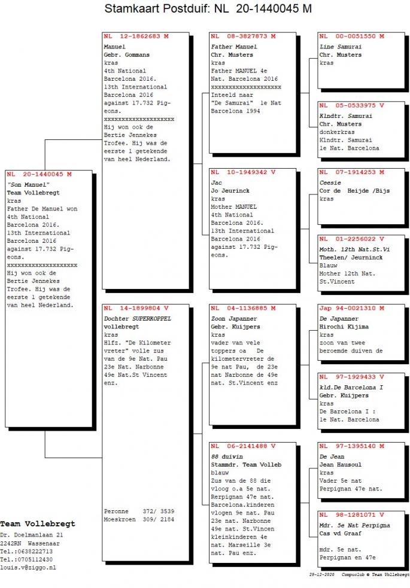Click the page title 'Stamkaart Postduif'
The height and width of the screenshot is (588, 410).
point(157,8)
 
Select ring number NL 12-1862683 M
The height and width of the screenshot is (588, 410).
point(136,36)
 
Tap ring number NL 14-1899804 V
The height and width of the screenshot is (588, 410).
point(136,308)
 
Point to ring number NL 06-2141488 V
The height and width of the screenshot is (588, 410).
point(243,446)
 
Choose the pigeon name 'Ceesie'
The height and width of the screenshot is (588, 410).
point(330,183)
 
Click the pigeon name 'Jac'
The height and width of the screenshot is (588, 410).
point(217,183)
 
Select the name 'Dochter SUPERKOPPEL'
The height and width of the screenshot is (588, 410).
point(137,319)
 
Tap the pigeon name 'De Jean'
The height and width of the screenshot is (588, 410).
point(332,457)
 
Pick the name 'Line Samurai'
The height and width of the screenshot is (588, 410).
point(341,47)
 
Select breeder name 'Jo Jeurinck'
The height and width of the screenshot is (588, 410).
point(230,191)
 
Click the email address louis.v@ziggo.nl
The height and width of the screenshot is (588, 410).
point(28,568)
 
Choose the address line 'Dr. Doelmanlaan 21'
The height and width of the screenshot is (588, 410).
point(32,535)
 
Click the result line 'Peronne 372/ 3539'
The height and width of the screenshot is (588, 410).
point(139,511)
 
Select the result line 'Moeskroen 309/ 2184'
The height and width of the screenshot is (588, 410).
point(139,520)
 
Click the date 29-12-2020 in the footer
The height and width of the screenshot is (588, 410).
point(322,574)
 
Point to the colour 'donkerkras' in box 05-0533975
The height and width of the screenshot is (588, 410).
point(337,132)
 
